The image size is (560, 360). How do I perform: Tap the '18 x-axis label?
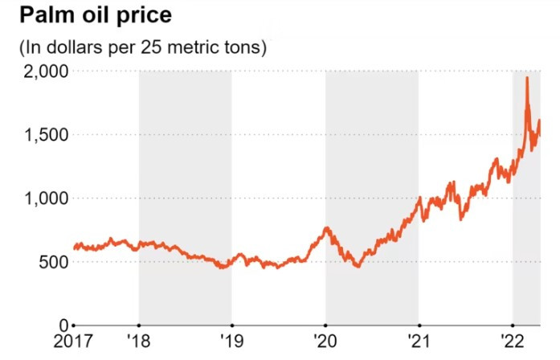click(139, 342)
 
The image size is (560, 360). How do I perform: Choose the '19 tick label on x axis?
click(232, 342)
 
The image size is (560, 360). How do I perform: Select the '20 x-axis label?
click(325, 342)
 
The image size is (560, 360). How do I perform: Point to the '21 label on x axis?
click(419, 342)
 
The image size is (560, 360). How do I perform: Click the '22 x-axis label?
click(512, 342)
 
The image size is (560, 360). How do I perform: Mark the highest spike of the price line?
click(526, 79)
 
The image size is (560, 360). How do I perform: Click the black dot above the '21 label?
click(419, 324)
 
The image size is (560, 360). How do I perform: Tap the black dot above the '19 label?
click(232, 324)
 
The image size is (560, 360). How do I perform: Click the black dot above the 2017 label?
click(74, 324)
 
